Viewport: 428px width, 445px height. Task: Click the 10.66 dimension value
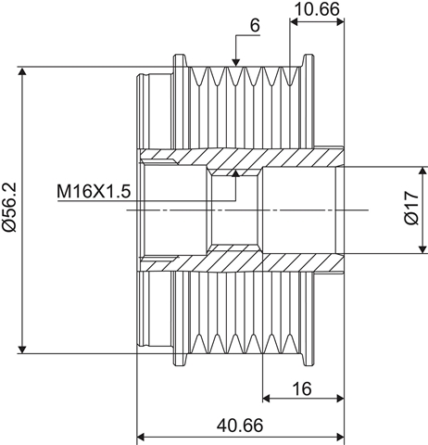tap(318, 9)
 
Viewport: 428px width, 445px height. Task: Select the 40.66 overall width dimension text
tap(240, 426)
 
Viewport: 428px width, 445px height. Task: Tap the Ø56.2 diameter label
tap(9, 207)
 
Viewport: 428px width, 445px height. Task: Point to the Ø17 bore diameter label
tap(411, 208)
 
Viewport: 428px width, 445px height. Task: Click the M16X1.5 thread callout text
tap(94, 191)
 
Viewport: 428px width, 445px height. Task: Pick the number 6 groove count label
tap(255, 25)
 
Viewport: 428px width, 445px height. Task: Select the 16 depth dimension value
tap(302, 388)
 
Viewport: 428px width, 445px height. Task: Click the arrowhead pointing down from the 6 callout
tap(236, 62)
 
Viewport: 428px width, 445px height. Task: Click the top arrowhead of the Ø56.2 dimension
tap(22, 71)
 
